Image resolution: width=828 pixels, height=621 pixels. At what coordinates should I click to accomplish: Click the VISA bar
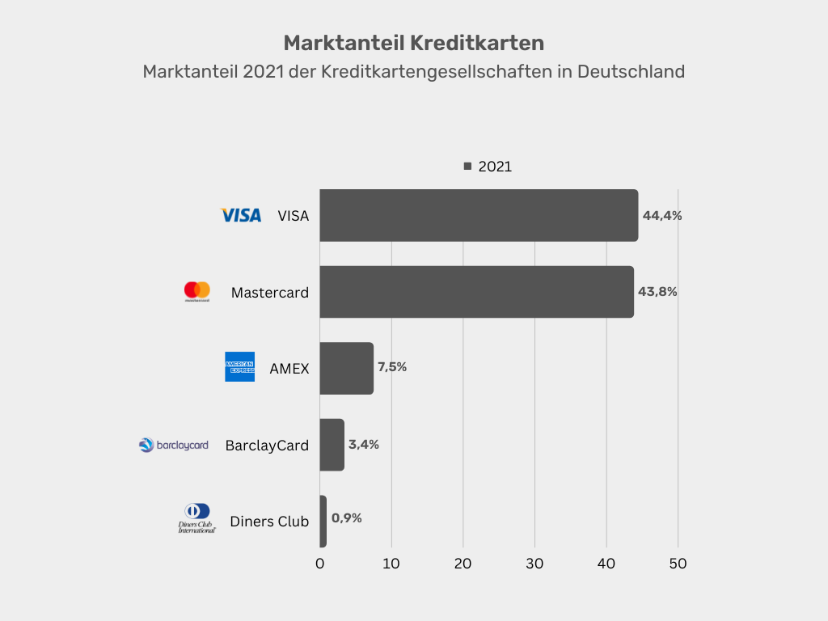point(479,216)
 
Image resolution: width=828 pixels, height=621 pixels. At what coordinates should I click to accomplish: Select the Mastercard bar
point(476,292)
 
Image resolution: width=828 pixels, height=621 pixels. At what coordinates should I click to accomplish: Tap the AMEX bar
point(347,368)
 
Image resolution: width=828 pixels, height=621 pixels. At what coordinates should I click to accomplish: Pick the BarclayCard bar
point(332,445)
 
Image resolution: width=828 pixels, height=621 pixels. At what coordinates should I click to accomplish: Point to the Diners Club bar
point(323,522)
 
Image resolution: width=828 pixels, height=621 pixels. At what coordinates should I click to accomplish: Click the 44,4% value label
point(662,216)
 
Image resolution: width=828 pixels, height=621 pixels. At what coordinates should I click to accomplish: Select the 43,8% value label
point(657,292)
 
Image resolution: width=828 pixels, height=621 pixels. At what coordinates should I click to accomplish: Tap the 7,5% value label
point(392,367)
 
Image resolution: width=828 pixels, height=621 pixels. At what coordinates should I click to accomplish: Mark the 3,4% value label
point(364,444)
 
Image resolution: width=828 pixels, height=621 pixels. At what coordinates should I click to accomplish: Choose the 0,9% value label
point(347,518)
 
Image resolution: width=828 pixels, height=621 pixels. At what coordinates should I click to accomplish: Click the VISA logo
point(241,215)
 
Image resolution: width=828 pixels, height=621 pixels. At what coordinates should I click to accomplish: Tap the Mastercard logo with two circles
point(197,291)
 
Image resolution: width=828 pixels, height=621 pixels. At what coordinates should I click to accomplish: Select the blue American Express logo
point(239,367)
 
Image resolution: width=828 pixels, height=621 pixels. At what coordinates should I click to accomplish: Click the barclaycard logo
point(174,445)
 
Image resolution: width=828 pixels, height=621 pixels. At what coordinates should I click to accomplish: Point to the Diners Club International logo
point(197,518)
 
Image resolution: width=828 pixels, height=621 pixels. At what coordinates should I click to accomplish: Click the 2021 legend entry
point(488,167)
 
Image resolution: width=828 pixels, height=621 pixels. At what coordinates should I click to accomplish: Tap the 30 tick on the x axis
point(534,564)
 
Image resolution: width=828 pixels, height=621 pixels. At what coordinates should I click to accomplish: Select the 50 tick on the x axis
point(678,564)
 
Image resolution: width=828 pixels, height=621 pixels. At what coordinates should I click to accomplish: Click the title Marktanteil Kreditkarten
point(414,42)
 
